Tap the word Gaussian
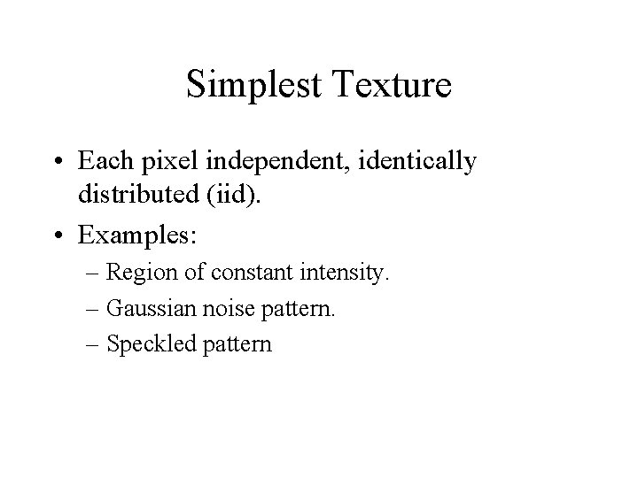coord(144,309)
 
